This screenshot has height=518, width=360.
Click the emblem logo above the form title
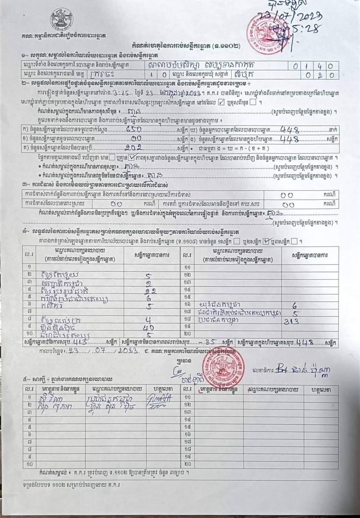61,19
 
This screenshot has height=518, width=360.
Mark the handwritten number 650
133,130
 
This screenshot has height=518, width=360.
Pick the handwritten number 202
133,148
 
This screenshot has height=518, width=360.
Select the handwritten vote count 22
150,291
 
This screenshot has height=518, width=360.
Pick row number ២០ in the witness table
187,464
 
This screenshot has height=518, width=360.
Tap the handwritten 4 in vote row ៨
149,319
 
